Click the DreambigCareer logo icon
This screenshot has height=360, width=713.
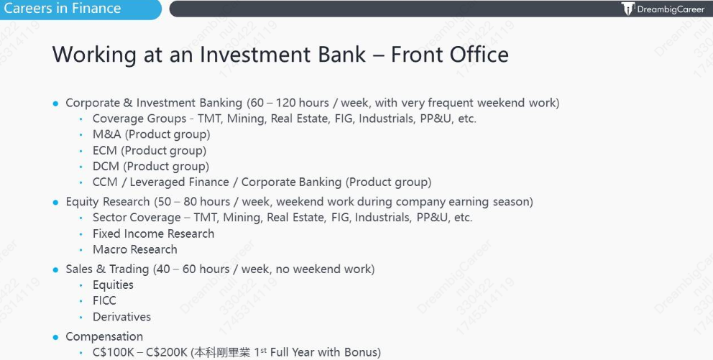point(628,9)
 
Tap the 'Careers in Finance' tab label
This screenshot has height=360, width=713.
point(63,8)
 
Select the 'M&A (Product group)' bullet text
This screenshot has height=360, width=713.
point(152,134)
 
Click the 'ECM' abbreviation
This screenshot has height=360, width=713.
point(105,150)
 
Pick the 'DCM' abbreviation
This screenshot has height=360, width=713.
point(106,167)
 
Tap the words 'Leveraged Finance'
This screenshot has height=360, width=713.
point(179,183)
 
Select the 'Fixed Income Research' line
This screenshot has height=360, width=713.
point(153,234)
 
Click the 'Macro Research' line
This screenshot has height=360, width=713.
point(135,249)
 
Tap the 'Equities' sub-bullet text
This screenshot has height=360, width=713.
point(114,285)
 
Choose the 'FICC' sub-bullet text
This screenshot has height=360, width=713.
point(104,300)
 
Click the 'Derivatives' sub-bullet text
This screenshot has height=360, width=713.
point(122,317)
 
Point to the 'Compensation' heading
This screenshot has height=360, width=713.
point(104,337)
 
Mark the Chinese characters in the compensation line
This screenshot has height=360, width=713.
point(222,352)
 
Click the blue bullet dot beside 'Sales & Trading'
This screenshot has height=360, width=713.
point(55,269)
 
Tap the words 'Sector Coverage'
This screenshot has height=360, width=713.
point(137,218)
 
